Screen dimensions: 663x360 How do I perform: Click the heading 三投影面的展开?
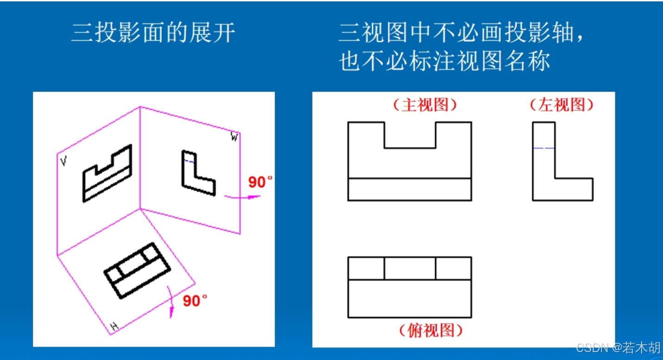[x=153, y=32]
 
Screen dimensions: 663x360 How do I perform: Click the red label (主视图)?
[x=425, y=105]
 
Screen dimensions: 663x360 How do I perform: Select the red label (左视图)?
[x=562, y=105]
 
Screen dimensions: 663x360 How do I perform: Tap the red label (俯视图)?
[x=431, y=330]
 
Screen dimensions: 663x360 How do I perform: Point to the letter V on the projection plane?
[x=63, y=161]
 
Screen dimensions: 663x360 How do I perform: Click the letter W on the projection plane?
[x=234, y=137]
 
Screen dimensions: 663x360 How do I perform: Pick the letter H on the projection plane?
[x=114, y=326]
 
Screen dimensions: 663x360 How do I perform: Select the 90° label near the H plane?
[x=195, y=301]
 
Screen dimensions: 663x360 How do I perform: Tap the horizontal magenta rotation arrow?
[x=242, y=196]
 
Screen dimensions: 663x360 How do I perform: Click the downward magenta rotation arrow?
[x=171, y=302]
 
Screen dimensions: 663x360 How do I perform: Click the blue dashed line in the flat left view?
[x=544, y=148]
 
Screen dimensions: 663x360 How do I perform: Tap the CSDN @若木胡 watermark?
[x=618, y=347]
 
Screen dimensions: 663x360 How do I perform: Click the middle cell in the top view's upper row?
[x=410, y=268]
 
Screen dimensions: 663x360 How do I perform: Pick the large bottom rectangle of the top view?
[x=410, y=298]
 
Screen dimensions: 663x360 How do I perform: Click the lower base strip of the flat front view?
[x=410, y=189]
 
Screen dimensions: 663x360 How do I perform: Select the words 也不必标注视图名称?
[x=444, y=61]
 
